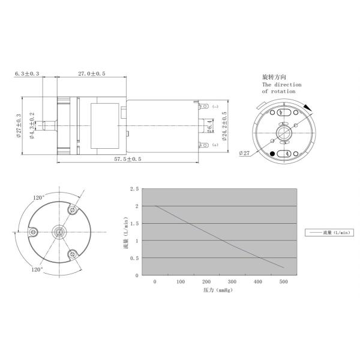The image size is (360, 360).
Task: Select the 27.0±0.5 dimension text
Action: click(91, 73)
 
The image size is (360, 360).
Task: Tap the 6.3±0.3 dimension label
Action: click(27, 73)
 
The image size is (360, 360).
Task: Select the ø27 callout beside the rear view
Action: click(244, 153)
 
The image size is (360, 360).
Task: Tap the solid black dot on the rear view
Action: click(273, 154)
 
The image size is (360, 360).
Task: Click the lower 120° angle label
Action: click(37, 270)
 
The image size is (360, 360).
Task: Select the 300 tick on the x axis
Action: click(232, 281)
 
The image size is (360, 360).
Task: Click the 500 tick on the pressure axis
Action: click(284, 281)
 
